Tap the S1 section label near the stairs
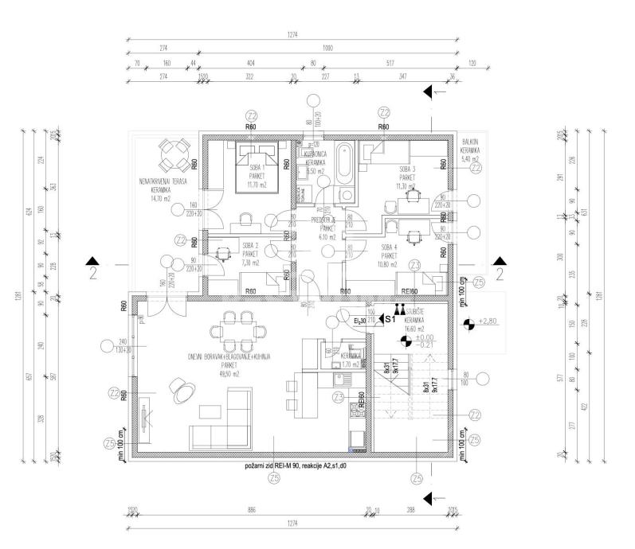390,319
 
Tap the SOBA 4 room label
388,247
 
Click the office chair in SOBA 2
220,255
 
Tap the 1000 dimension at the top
327,49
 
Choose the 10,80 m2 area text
388,263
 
